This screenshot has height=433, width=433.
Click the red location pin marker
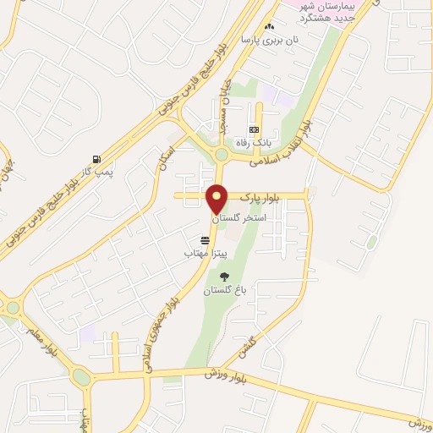coord(218,200)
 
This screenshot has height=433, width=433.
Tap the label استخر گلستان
coord(242,217)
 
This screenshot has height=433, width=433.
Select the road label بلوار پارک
coord(258,196)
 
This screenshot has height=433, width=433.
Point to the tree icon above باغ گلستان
coord(224,277)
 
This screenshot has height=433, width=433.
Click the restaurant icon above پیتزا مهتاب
coord(205,240)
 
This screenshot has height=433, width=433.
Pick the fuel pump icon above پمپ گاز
coord(98,158)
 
